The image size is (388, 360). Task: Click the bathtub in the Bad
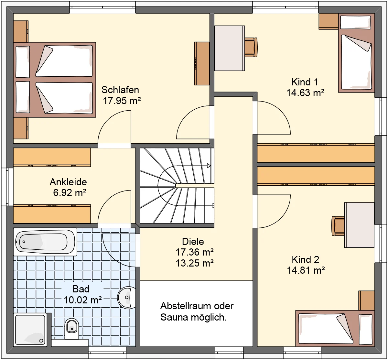(x=45, y=242)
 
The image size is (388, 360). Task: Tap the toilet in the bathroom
(x=71, y=329)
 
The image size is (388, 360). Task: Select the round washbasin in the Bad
(x=127, y=298)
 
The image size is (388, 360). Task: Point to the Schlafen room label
(x=120, y=90)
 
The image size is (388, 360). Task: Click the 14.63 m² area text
(x=305, y=93)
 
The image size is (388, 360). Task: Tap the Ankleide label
(x=68, y=182)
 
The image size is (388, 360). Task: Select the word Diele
(x=193, y=242)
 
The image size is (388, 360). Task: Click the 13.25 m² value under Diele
(x=195, y=263)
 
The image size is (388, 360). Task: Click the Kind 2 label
(x=306, y=260)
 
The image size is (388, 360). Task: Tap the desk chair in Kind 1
(x=251, y=47)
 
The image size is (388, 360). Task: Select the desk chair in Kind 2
(x=338, y=226)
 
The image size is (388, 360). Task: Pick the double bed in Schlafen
(x=55, y=80)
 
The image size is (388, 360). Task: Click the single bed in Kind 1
(x=357, y=53)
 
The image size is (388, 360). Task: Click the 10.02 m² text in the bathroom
(x=83, y=300)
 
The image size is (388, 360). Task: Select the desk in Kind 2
(x=360, y=225)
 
